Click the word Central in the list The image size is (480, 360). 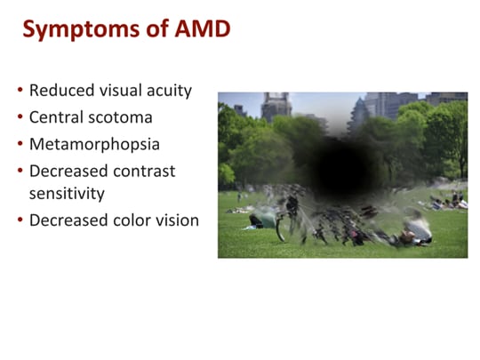[57, 117]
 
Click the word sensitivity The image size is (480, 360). [68, 193]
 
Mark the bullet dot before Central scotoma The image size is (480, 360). [21, 118]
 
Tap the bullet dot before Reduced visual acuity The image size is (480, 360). [21, 92]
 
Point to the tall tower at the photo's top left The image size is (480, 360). [276, 107]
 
